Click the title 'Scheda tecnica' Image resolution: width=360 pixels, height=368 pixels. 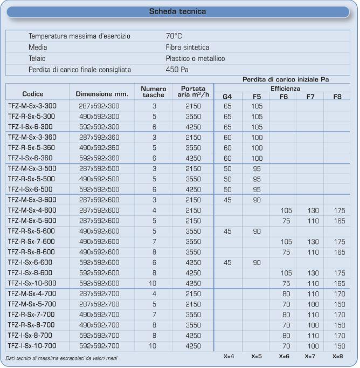pos(180,10)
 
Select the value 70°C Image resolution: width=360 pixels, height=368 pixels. pos(175,36)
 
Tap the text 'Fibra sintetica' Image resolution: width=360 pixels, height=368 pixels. pos(188,47)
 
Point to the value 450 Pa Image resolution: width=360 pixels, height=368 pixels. pos(177,70)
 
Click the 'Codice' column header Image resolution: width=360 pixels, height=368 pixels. pos(33,93)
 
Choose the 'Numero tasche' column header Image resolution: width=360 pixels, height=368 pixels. pos(154,91)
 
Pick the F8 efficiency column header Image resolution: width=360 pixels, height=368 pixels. pos(337,97)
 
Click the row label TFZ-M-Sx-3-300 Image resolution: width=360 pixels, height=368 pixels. pos(32,106)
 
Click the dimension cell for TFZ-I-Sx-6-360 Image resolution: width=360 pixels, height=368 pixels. pos(99,158)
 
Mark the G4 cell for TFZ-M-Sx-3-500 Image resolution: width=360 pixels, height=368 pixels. pos(227,169)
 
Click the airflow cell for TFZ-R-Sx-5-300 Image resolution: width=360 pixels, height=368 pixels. pos(192,117)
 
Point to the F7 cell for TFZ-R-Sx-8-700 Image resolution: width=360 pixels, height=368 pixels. pos(310,325)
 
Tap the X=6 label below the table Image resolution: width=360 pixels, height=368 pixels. pos(283,357)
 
